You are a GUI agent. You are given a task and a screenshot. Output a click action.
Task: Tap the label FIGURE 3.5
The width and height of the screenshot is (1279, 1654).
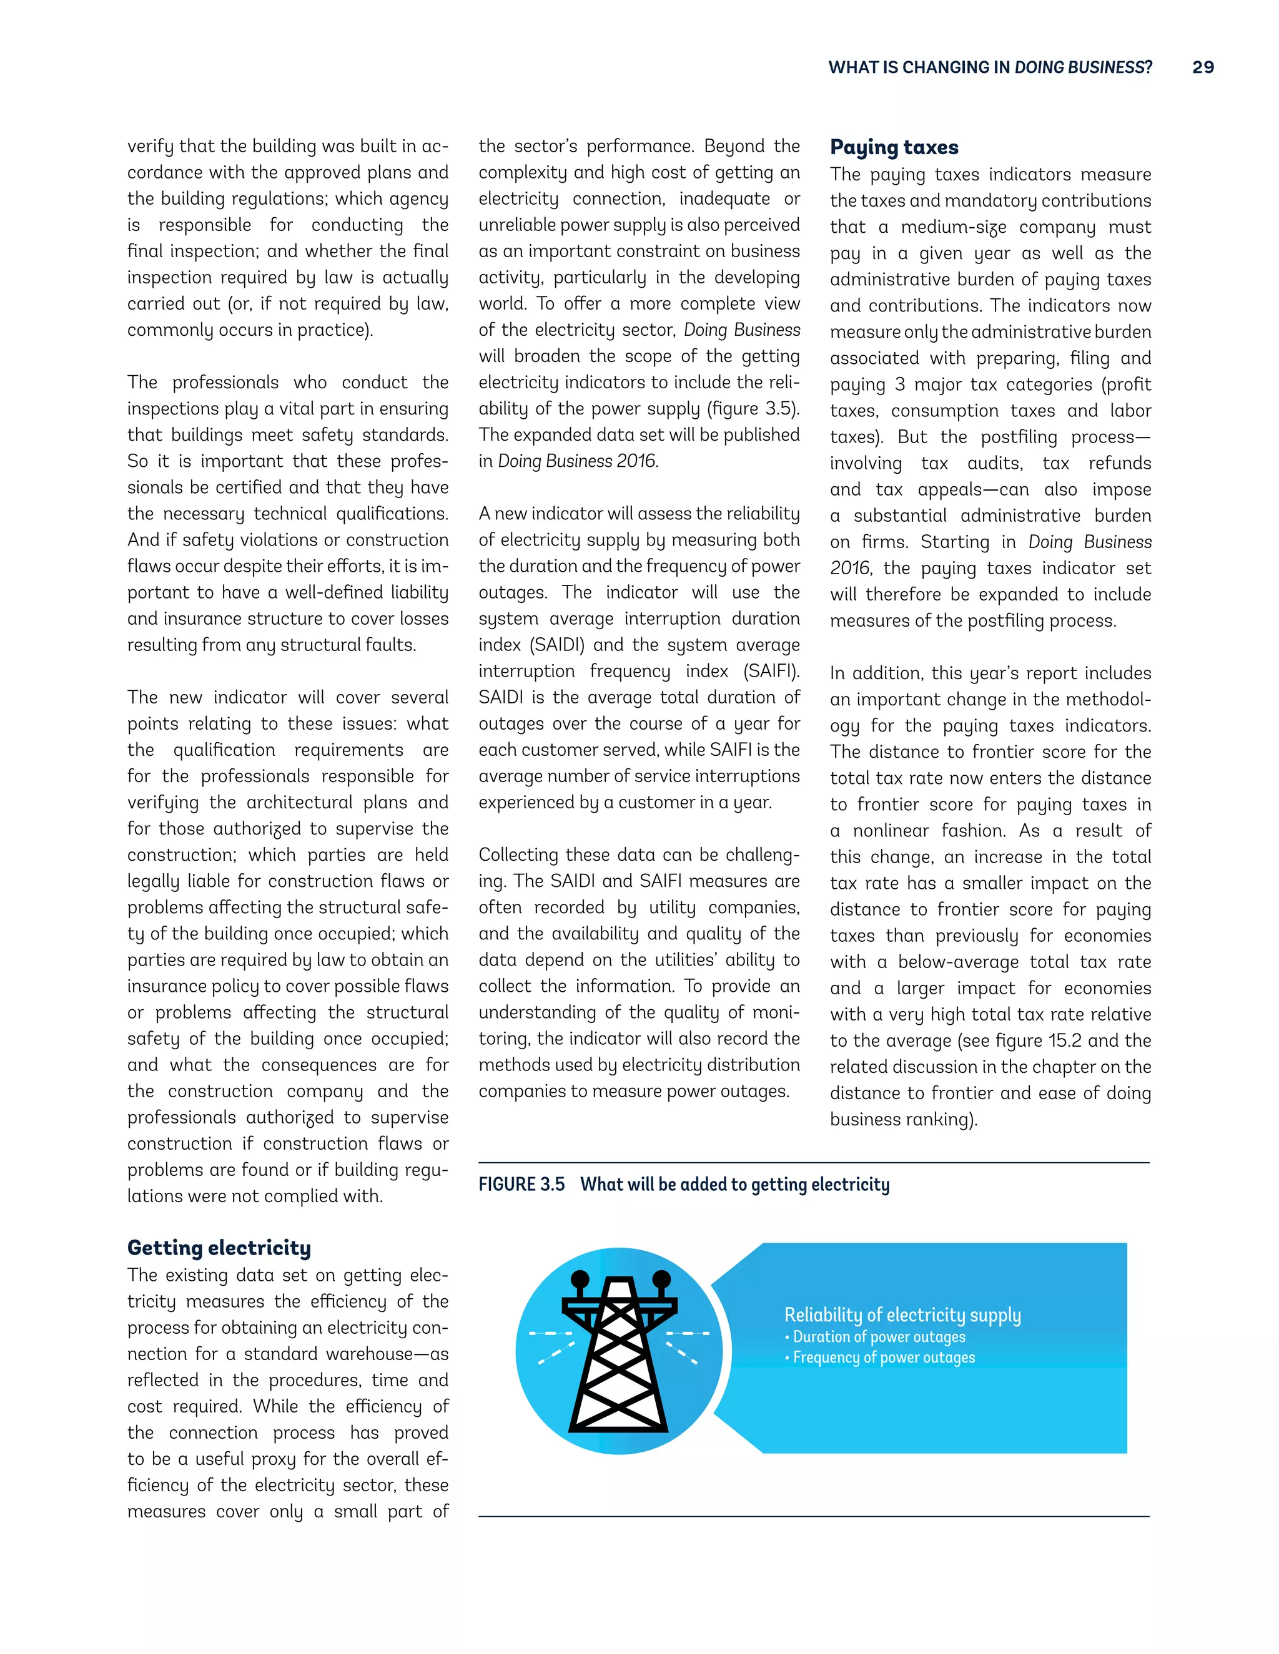521,1185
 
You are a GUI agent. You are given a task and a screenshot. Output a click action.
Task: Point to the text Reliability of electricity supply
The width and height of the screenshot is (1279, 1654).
902,1314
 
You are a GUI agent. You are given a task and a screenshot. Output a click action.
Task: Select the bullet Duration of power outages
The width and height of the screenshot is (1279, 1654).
879,1337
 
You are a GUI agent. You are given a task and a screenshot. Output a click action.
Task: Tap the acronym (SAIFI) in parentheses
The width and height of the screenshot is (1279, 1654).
771,671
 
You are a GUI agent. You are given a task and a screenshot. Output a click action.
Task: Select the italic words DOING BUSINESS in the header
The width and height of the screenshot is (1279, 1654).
1077,67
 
